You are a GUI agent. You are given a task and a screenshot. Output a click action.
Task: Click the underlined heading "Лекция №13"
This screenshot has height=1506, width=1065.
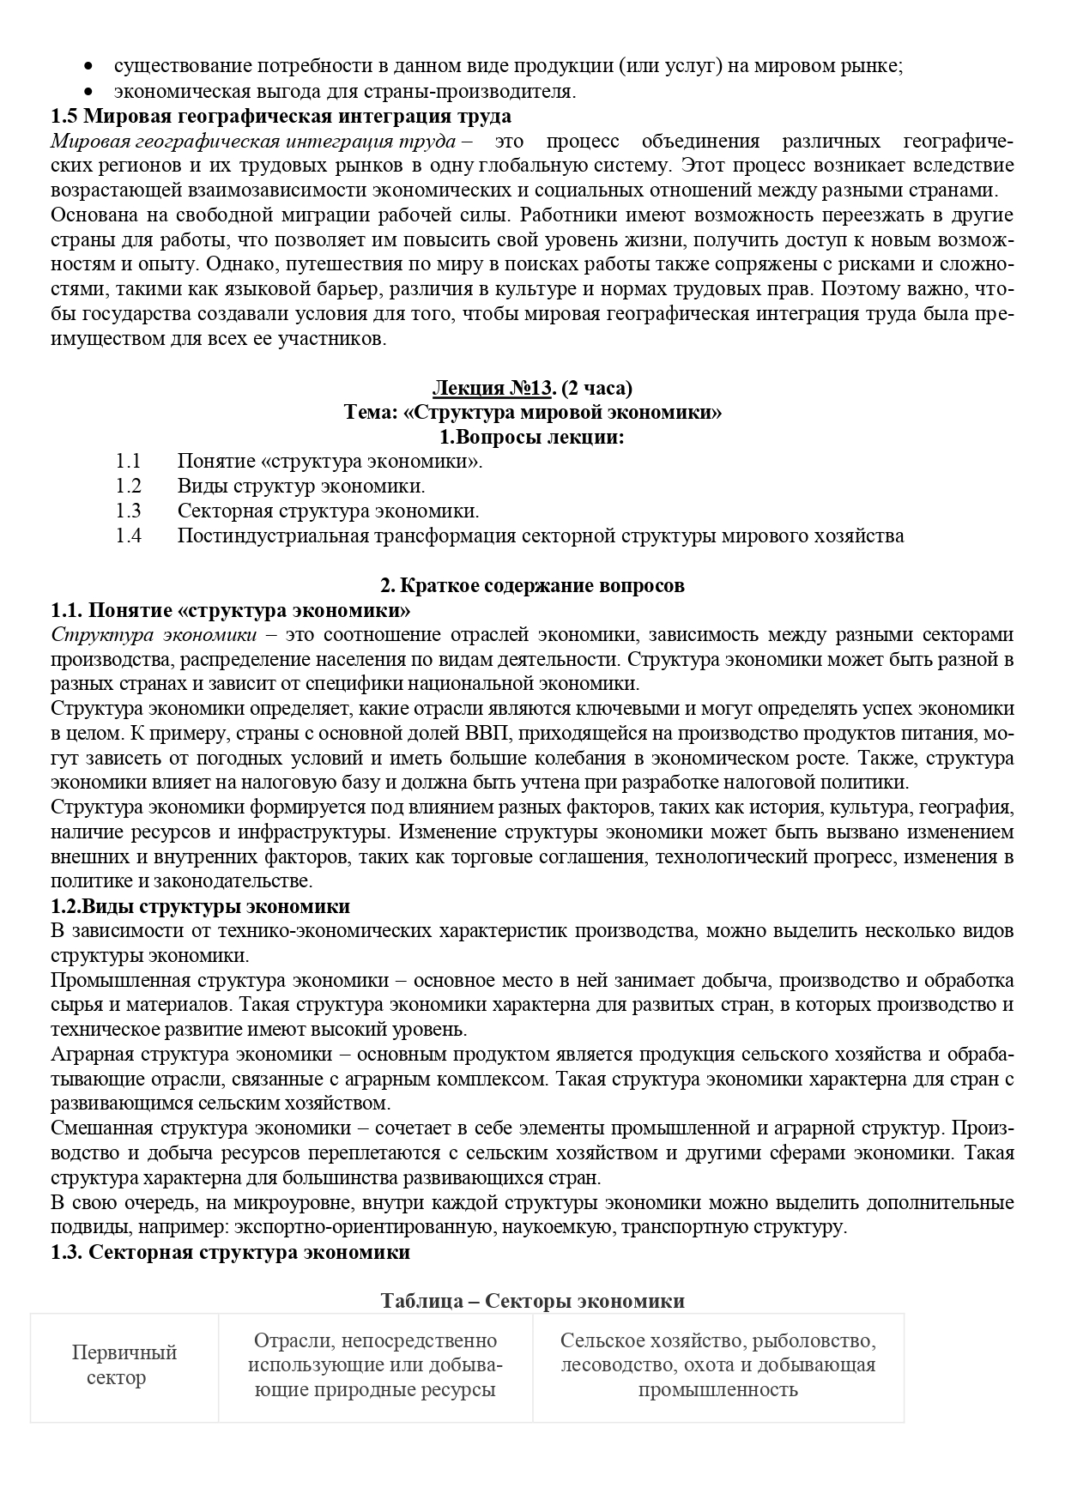tap(491, 388)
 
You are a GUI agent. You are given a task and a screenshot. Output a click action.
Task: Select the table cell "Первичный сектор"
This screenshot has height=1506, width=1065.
tap(124, 1365)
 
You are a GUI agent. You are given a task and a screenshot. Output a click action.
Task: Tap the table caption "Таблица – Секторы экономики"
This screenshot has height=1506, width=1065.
tap(532, 1301)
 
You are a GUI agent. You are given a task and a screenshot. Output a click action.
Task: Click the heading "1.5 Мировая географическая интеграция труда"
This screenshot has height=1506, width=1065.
tap(281, 115)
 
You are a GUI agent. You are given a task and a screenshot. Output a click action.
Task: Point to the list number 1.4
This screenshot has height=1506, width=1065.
tap(128, 536)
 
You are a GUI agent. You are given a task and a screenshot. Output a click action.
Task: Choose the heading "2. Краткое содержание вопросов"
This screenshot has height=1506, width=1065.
tap(532, 586)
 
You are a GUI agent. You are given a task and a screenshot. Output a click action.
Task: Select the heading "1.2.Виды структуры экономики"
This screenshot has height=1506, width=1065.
tap(201, 906)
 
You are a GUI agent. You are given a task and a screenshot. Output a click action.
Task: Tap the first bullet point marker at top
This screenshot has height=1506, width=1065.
tap(90, 67)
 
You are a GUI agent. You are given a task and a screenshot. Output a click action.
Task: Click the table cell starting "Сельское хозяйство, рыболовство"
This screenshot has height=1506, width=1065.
tap(717, 1365)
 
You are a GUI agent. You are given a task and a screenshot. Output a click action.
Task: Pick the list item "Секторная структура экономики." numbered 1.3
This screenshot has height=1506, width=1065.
tap(328, 511)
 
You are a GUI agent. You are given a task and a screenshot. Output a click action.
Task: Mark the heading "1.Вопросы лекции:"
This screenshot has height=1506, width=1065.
tap(532, 438)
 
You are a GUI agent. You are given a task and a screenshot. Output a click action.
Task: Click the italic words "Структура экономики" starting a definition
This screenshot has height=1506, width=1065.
tap(154, 635)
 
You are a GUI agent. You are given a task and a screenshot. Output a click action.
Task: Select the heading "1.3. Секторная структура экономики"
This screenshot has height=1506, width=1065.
tap(230, 1252)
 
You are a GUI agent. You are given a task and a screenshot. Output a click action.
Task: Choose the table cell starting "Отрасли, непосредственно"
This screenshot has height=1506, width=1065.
tap(375, 1365)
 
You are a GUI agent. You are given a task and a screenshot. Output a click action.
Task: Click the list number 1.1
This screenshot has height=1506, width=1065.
tap(128, 462)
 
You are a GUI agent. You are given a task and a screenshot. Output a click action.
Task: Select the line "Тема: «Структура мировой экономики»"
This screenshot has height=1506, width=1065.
tap(532, 413)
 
